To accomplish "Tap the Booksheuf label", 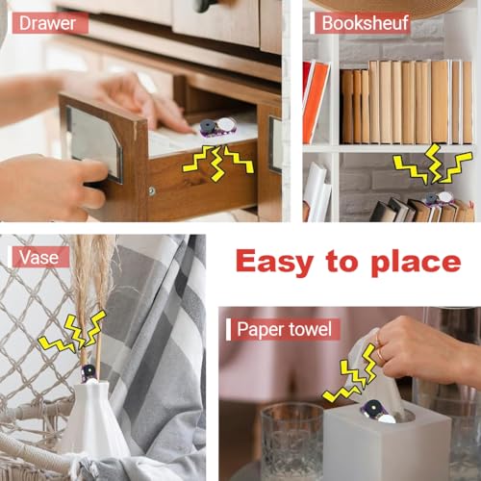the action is click(x=366, y=23).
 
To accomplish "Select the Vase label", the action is click(x=38, y=257).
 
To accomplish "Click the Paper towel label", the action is click(x=284, y=329).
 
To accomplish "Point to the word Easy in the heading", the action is click(x=274, y=263).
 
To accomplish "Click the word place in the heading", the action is click(x=416, y=263).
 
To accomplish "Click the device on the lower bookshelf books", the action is click(x=440, y=198).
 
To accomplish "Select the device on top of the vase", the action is click(x=88, y=374).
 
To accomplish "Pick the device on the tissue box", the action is click(x=379, y=412).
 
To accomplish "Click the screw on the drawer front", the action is click(x=151, y=191).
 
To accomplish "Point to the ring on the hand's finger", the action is click(x=380, y=354).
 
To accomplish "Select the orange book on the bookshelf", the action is click(x=316, y=102).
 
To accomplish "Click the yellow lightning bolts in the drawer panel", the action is click(x=218, y=162).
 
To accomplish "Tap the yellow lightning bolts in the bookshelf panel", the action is click(x=433, y=164).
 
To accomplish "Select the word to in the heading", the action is click(x=342, y=263).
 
